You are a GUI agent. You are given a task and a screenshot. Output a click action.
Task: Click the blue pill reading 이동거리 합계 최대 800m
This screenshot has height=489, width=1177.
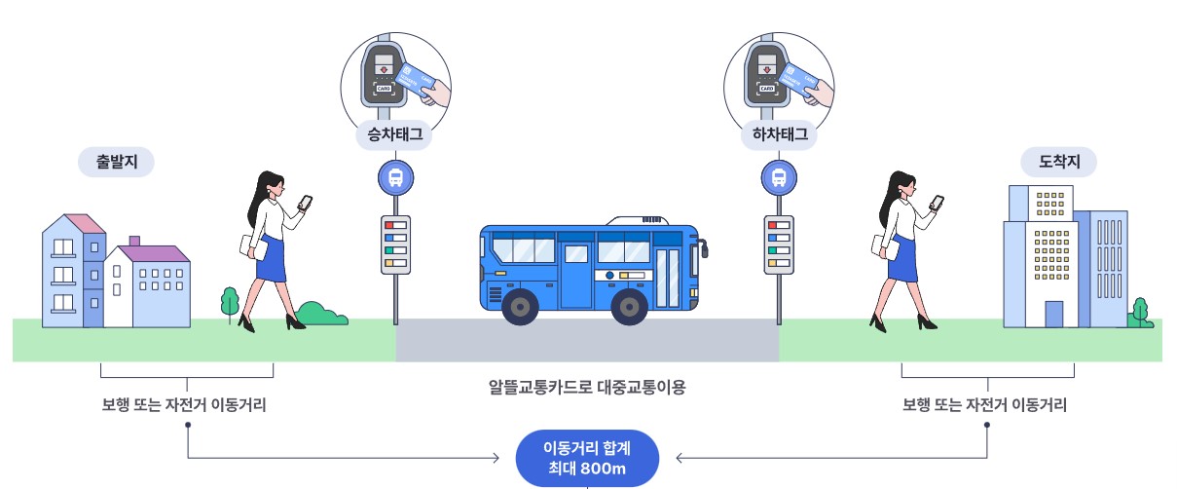point(587,458)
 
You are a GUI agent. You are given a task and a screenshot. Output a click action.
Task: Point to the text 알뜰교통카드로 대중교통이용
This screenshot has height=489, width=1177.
point(587,388)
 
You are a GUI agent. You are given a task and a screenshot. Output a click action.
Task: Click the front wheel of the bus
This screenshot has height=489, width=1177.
point(630,305)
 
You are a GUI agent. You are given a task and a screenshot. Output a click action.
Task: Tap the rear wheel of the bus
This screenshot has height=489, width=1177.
point(521,305)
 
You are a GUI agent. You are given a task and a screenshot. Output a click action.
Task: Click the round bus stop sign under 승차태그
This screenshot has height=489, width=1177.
point(395,177)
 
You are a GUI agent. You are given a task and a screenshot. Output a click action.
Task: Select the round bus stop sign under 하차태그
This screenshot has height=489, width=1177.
point(778,177)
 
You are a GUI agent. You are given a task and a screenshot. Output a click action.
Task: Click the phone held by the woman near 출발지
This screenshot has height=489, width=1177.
point(305,203)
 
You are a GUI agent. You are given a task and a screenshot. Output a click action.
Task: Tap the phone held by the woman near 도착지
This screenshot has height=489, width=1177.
point(937,203)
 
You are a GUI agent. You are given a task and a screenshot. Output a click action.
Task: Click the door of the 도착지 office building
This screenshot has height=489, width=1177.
point(1053,314)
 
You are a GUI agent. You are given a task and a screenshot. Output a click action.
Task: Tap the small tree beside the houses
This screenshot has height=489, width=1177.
point(231,301)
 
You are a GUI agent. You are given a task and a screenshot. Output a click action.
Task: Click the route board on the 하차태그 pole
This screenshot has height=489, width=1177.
point(778,244)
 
